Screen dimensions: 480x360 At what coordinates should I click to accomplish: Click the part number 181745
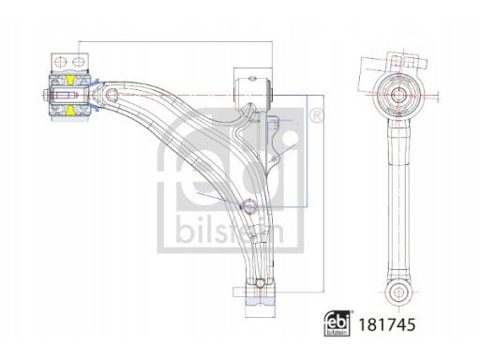387,325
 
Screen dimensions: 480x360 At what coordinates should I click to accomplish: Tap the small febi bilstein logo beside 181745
337,323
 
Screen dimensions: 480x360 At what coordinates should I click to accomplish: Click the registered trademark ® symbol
316,116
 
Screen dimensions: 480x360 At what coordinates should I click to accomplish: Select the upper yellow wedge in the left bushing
70,80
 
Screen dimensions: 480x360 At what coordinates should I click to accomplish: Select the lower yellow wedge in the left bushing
70,111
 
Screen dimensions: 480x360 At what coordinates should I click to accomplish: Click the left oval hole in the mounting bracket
59,61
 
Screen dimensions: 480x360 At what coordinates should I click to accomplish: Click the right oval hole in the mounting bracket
79,61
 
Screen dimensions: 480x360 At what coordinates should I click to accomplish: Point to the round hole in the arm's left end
112,95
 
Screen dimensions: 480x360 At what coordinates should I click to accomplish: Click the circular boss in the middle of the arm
249,206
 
